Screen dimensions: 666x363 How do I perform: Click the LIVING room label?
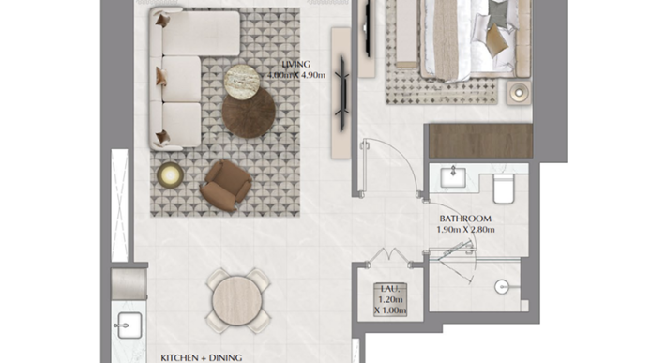tap(296, 65)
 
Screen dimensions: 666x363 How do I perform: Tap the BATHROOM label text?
tap(465, 219)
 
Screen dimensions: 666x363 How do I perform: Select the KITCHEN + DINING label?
tap(202, 358)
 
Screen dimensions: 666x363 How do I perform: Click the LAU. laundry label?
tap(390, 289)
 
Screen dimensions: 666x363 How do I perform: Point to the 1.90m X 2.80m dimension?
tap(465, 230)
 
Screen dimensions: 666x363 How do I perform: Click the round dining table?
tap(237, 300)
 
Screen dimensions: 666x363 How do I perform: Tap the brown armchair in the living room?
tap(225, 186)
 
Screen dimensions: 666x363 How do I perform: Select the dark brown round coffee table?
tap(249, 112)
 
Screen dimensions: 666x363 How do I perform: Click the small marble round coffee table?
tap(241, 82)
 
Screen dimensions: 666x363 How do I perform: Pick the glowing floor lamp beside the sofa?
tap(170, 174)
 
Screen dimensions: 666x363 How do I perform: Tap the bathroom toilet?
tap(504, 189)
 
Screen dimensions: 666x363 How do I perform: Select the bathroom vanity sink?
tap(453, 177)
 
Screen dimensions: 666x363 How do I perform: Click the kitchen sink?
tap(129, 325)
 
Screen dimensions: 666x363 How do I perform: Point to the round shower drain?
tap(501, 287)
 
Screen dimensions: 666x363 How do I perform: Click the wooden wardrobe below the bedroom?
tap(481, 141)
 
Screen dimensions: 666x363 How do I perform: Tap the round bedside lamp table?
tap(519, 92)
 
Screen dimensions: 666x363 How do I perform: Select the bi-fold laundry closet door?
tap(390, 256)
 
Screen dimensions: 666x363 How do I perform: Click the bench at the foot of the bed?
tap(406, 33)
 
